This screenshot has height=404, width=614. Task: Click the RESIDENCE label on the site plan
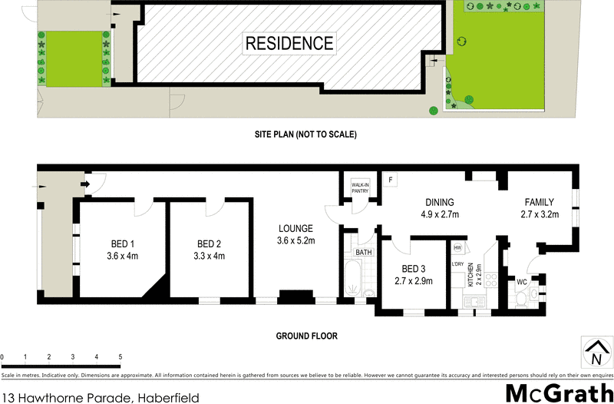coord(289,44)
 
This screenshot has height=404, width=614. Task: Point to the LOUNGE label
coord(295,228)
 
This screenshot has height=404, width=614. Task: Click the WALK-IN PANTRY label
coord(360,187)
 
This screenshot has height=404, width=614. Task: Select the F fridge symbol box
coord(391,180)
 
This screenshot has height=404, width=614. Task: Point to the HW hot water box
coord(457,247)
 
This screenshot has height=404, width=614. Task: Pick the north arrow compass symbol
coord(596,353)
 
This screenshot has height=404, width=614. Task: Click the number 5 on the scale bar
coord(120,357)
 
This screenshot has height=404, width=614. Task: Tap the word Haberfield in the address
coord(168,397)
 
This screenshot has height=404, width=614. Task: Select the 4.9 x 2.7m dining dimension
coord(441,214)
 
